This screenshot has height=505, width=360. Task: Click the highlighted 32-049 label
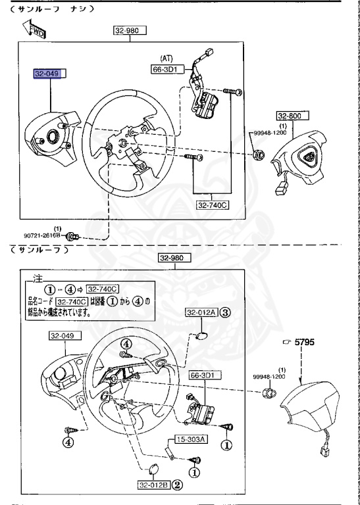pos(47,74)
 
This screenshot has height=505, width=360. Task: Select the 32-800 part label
pos(288,116)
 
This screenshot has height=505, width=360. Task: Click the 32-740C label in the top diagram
pos(212,205)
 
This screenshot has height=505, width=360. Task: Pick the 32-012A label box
pos(201,312)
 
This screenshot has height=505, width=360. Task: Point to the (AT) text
pos(167,58)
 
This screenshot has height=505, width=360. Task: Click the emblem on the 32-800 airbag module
pos(307,156)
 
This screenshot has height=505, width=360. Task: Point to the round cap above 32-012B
pos(153,468)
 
